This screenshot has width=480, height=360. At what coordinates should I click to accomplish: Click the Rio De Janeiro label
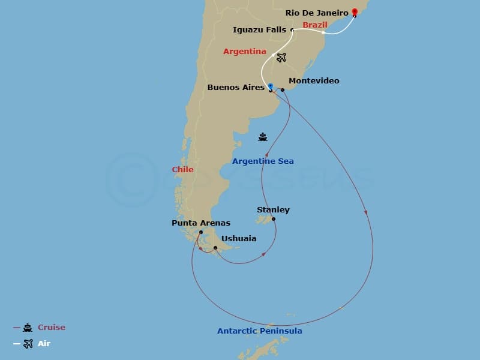pos(317,13)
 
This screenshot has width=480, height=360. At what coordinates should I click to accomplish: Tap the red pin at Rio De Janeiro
pos(355,12)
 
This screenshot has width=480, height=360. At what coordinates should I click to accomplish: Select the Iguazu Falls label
pos(259,29)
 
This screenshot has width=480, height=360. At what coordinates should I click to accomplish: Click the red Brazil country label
pos(315,25)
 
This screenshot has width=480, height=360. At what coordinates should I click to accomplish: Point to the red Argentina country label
pos(244,52)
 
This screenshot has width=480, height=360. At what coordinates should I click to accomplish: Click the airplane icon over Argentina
pos(281,58)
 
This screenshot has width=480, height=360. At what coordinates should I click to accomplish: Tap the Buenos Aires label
pos(236,88)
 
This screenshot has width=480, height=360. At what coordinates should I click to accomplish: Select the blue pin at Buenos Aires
pos(271,87)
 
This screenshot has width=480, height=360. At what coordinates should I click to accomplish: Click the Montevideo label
pos(314,81)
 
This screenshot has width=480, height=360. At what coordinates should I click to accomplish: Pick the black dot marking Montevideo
pos(283,90)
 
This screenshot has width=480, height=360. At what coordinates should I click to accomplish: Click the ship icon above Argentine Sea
pos(263,137)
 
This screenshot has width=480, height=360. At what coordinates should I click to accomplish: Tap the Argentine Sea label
pos(263,161)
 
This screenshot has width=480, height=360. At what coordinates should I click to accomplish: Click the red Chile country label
pos(182,170)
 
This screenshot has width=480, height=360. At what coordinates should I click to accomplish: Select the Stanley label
pos(273,210)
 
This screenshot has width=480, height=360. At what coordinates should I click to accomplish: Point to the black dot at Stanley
pos(274,219)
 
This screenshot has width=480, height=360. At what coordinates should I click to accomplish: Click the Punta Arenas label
pos(200,223)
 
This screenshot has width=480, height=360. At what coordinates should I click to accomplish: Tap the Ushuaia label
pos(239,239)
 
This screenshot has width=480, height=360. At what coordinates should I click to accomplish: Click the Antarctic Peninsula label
pos(259,331)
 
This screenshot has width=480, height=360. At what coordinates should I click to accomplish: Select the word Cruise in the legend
pos(52,328)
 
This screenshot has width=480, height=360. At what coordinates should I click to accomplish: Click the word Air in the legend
pos(44,344)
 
